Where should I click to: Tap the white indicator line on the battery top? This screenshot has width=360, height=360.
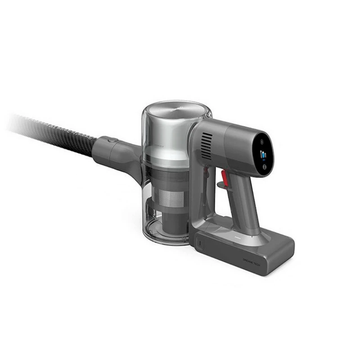click(x=237, y=234)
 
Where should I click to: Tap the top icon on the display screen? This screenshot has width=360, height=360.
click(x=262, y=141)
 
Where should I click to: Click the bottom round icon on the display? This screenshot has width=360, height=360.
click(x=264, y=168)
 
